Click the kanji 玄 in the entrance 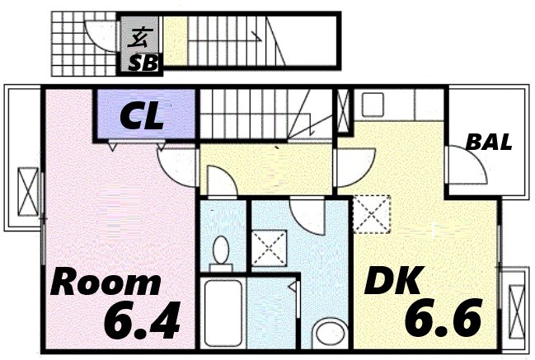141,36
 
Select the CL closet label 142,117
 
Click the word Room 106,283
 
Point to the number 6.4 142,321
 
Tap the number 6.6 442,318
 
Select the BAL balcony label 488,142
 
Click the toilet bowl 221,249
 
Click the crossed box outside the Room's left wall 28,191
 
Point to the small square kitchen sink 372,105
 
